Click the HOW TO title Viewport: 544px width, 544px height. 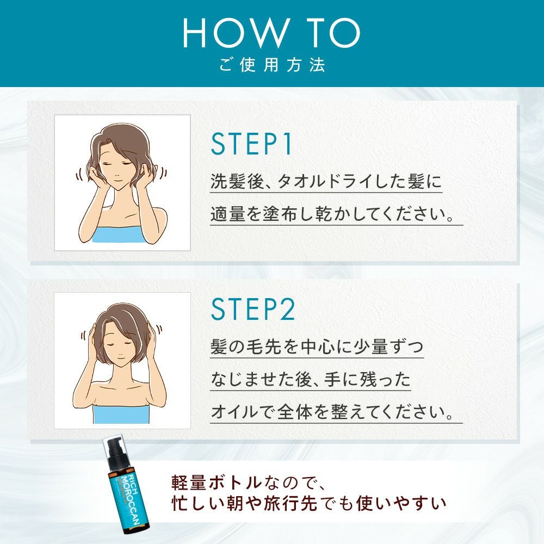point(271,33)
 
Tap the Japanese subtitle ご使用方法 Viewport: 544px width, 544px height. point(273,65)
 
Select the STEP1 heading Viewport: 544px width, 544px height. point(251,144)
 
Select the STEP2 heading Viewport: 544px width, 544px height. point(253,309)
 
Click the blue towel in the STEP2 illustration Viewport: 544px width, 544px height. point(121,413)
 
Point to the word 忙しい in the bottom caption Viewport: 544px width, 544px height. point(197,504)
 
